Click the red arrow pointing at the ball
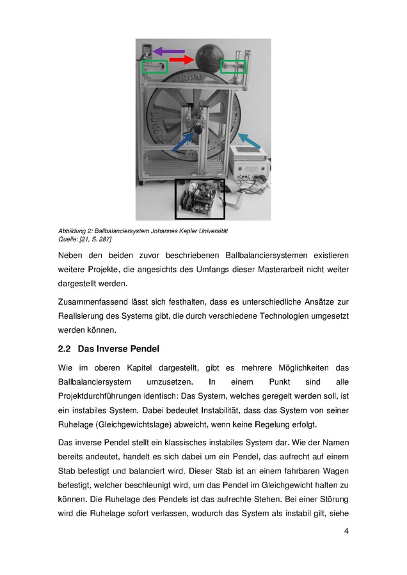pos(181,60)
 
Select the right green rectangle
pos(233,66)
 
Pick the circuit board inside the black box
pos(200,199)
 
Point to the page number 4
pos(346,530)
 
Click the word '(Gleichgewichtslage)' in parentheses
pos(136,425)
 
